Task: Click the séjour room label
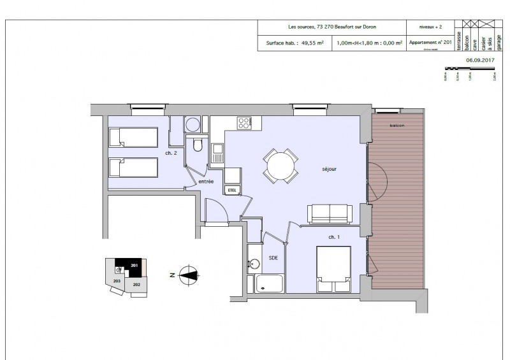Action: (329, 169)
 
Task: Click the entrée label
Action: (205, 182)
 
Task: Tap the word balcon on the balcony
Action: (398, 125)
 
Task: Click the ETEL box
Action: (231, 189)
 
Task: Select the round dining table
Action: (281, 166)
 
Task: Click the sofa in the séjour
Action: (329, 214)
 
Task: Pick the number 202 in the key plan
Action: (137, 285)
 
